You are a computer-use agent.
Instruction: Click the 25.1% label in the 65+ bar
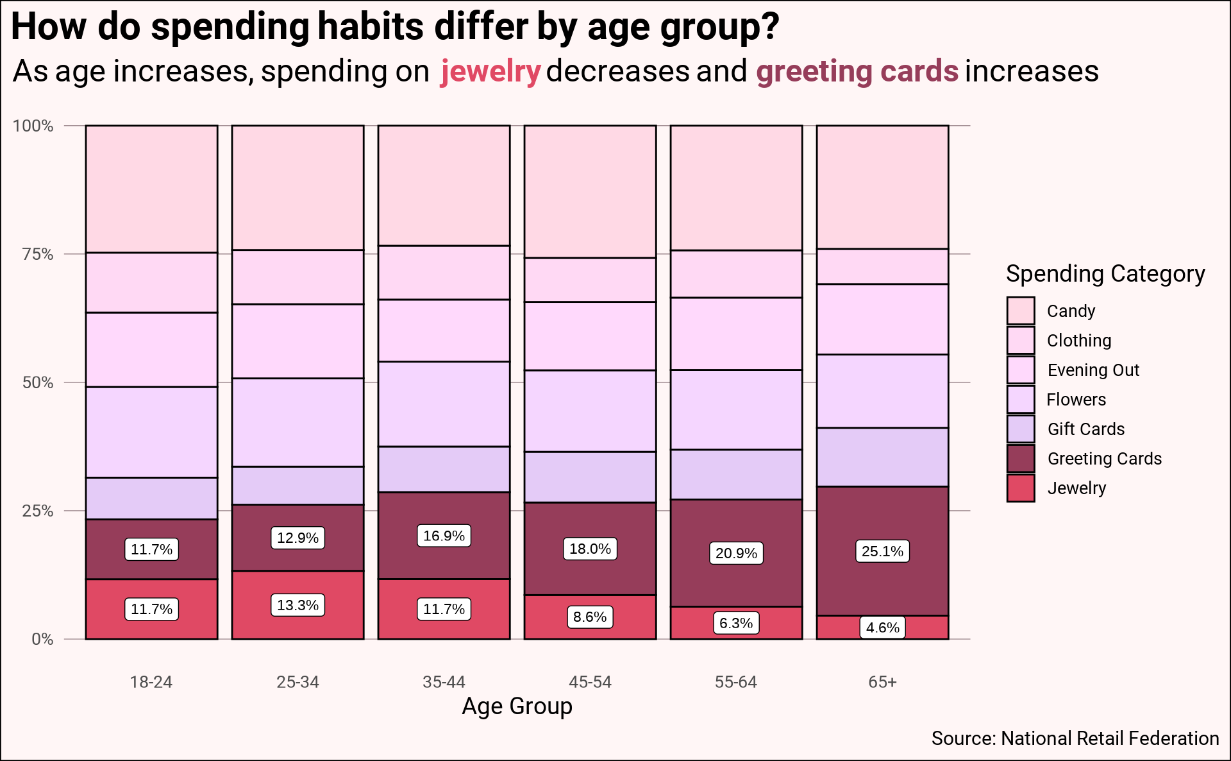click(x=882, y=551)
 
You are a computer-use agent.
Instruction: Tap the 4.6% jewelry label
click(x=882, y=628)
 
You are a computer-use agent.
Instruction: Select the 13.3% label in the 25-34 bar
click(x=297, y=605)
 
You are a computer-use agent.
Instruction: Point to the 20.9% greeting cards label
click(x=736, y=553)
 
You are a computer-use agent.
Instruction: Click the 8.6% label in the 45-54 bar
click(x=590, y=617)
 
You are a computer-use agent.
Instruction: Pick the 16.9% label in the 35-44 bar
click(x=444, y=536)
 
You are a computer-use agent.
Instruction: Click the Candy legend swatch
click(x=1021, y=311)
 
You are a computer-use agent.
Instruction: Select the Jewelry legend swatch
click(x=1021, y=488)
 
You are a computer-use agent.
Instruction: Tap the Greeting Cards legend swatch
click(x=1021, y=459)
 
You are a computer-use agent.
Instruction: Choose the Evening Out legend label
click(x=1093, y=370)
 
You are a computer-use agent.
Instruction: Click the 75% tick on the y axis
click(x=38, y=254)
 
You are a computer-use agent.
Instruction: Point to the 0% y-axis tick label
click(x=42, y=639)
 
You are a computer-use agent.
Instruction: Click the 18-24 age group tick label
click(x=151, y=682)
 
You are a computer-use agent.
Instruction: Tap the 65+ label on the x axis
click(x=882, y=682)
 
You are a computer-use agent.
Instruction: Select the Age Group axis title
click(x=517, y=706)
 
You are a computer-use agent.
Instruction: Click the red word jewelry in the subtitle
click(x=490, y=71)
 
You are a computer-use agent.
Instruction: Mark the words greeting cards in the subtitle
click(x=857, y=71)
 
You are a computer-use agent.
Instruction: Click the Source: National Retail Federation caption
click(x=1075, y=739)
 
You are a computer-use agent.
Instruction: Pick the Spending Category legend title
click(x=1105, y=274)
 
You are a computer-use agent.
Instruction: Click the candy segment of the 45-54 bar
click(x=590, y=191)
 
